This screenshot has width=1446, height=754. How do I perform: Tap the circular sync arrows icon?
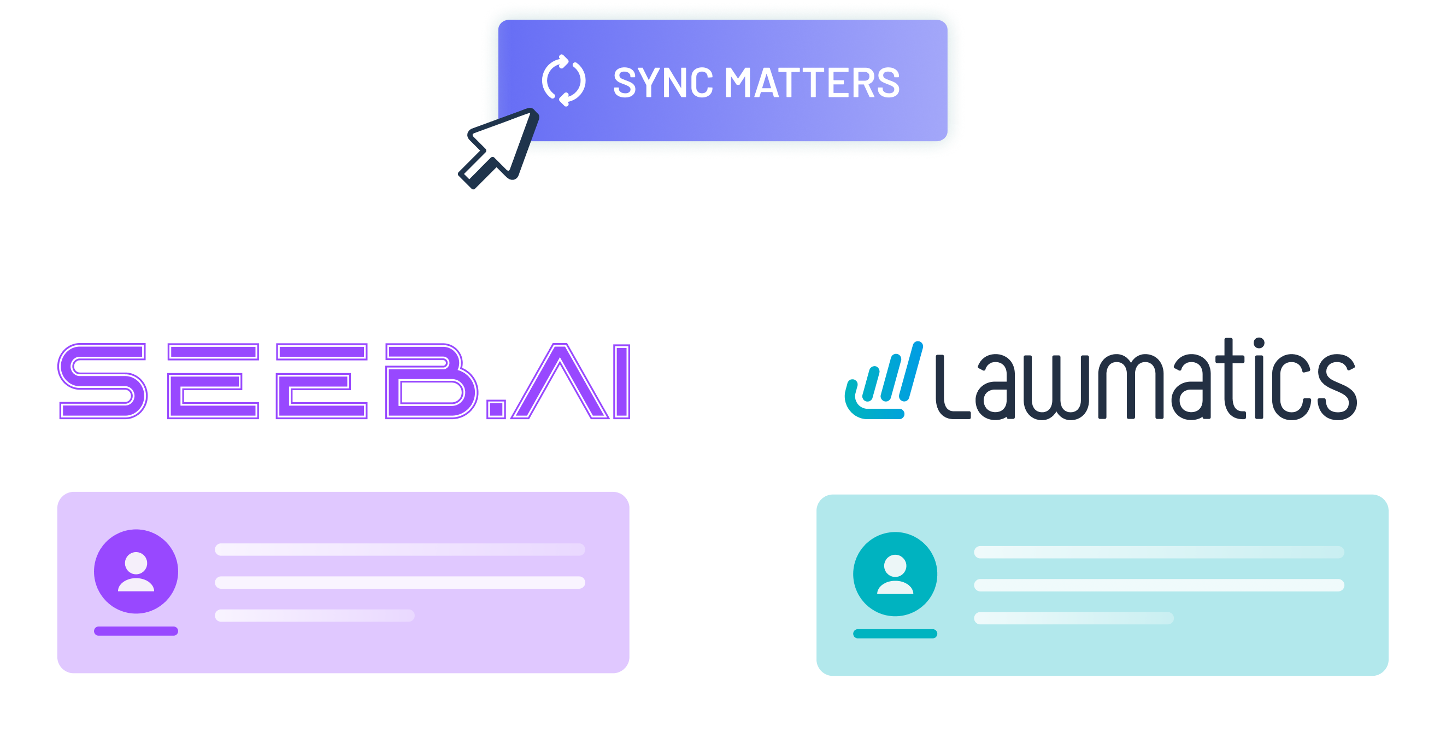[x=563, y=80]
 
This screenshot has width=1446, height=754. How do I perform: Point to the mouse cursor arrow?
[x=499, y=147]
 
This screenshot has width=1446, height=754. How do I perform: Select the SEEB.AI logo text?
[x=344, y=381]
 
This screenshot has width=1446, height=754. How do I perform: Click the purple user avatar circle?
[x=136, y=571]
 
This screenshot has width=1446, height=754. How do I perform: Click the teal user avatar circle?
[x=895, y=573]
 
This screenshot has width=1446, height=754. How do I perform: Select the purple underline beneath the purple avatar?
[x=136, y=631]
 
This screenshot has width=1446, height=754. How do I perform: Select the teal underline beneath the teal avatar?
[x=895, y=634]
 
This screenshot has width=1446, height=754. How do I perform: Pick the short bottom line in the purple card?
[x=314, y=615]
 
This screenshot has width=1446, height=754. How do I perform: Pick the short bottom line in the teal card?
[x=1073, y=618]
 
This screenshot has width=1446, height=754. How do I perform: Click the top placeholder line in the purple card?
[x=399, y=549]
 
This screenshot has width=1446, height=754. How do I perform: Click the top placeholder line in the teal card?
[x=1159, y=552]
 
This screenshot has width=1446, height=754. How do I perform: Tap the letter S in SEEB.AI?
[x=102, y=381]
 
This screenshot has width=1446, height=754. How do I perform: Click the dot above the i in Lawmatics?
[x=1259, y=344]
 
